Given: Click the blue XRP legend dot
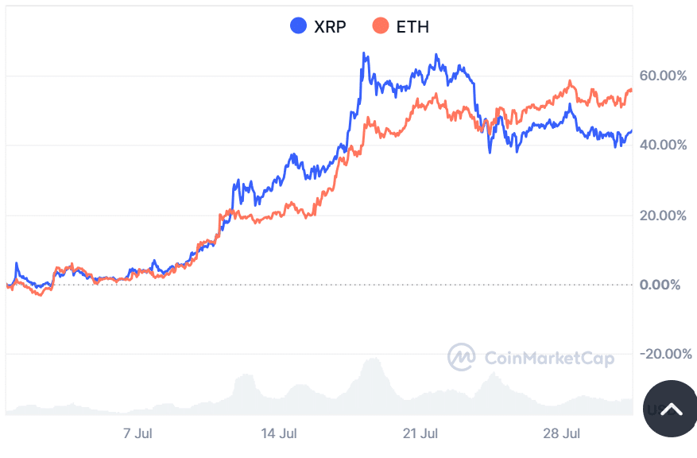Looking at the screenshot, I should point(299,26).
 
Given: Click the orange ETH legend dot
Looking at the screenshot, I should point(381,26).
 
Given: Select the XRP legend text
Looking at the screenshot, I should point(330,27).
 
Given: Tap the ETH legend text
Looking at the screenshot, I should point(412,27).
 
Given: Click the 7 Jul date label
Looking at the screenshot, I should point(137,434).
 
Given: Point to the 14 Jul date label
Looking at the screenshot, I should point(279,434).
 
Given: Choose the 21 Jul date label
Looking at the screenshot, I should point(420,434).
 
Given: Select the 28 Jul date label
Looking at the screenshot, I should point(562,434).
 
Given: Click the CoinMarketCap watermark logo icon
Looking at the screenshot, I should point(461,358).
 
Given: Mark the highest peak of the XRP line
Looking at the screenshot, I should point(364,53).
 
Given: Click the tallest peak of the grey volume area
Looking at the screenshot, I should point(371,359).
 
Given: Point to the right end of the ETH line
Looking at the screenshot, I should point(632,90).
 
